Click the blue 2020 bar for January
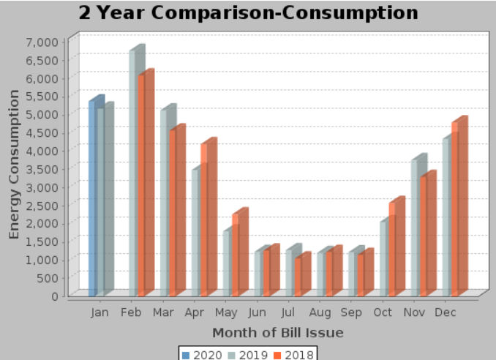click(92, 198)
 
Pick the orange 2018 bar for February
click(143, 187)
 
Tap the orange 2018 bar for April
click(206, 220)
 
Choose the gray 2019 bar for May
click(228, 263)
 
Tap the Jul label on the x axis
click(288, 313)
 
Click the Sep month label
click(351, 313)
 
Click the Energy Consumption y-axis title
click(14, 165)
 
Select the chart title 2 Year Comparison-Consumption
click(249, 13)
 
